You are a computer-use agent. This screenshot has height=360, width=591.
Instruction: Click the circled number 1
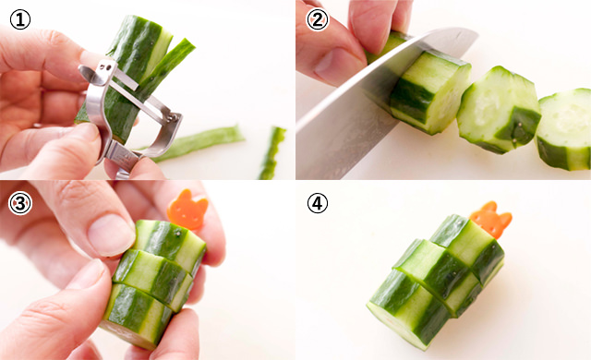(x=20, y=19)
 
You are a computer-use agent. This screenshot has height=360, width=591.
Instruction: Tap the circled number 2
(x=318, y=19)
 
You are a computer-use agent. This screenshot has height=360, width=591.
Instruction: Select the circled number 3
(x=20, y=204)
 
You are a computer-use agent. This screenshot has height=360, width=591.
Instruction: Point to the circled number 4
(x=318, y=204)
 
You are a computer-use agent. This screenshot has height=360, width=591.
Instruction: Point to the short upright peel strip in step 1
(x=271, y=152)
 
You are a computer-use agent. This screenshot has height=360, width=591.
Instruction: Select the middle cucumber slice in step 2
(x=499, y=110)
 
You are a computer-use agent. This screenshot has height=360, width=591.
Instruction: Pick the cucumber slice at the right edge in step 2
(x=564, y=129)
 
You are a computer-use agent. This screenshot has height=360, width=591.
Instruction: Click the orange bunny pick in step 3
(x=187, y=210)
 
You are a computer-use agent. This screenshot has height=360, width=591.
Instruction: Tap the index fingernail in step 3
(x=111, y=234)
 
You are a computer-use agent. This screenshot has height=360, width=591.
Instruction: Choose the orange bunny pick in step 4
(x=490, y=220)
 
